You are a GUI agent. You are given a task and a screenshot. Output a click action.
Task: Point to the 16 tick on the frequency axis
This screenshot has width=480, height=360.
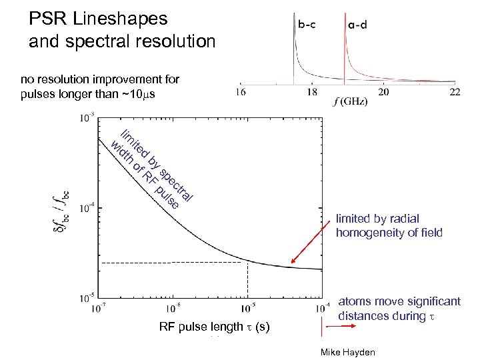[x=241, y=93]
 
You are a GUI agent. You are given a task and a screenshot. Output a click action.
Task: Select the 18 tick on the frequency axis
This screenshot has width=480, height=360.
[x=312, y=93]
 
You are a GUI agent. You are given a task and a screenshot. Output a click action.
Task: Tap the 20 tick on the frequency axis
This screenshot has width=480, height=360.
[x=384, y=93]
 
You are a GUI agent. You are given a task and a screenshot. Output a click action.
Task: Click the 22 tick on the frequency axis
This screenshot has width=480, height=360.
[x=455, y=93]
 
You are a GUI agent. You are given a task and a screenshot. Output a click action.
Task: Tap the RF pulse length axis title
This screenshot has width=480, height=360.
[x=214, y=327]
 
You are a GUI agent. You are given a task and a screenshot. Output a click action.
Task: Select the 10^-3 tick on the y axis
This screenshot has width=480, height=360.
[x=86, y=119]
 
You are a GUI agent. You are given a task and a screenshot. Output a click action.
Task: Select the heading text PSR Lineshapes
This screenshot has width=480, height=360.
[x=99, y=18]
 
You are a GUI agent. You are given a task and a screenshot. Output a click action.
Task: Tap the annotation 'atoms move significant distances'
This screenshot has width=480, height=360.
[x=399, y=308]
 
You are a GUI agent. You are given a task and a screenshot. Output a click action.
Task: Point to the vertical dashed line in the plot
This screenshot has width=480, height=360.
[x=248, y=280]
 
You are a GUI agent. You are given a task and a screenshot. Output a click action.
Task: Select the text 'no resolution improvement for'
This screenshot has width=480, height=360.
[x=100, y=79]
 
